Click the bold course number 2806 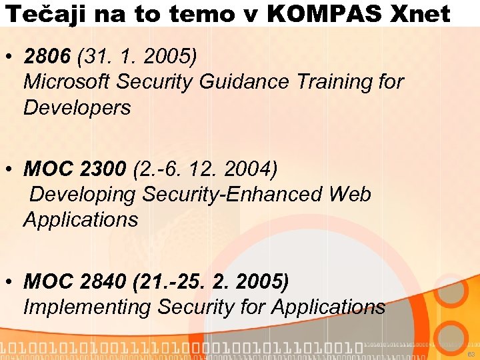tap(47, 57)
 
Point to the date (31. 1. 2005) tap(137, 57)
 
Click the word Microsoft tap(67, 82)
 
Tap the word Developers tap(77, 107)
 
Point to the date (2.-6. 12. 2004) tap(205, 169)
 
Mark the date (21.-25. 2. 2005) tap(211, 282)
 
